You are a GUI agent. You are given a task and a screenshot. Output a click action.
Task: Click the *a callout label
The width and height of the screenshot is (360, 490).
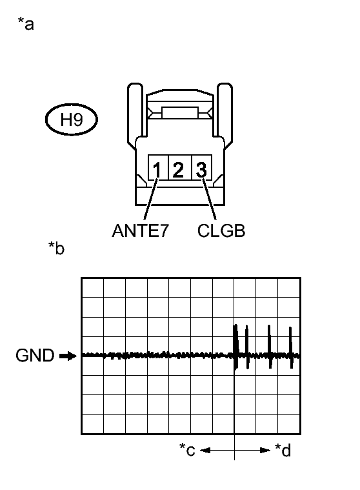click(x=26, y=24)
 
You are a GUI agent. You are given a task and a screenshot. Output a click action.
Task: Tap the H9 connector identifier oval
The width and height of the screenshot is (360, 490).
click(x=72, y=119)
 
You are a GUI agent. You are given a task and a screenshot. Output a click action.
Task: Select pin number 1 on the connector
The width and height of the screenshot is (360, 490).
click(x=157, y=170)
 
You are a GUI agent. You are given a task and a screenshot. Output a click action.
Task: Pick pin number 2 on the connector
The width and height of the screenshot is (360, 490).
click(x=178, y=170)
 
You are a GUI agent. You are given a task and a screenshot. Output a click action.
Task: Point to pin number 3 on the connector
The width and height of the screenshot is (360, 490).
click(x=201, y=170)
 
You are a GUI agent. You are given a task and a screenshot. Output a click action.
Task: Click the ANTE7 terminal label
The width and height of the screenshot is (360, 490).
click(x=140, y=230)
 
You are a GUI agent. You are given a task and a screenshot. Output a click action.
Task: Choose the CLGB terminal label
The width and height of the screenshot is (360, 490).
click(x=221, y=231)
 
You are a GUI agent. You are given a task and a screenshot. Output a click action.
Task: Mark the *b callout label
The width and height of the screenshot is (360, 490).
click(x=56, y=248)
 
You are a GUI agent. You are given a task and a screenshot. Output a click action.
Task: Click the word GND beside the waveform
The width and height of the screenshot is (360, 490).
click(x=35, y=356)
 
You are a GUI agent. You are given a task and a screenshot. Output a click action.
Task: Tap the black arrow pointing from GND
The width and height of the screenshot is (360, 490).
click(x=68, y=356)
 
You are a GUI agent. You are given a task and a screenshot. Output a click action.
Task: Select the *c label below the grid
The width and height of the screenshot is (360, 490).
click(x=187, y=450)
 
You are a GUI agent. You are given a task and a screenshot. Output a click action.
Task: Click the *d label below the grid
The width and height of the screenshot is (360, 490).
click(x=283, y=450)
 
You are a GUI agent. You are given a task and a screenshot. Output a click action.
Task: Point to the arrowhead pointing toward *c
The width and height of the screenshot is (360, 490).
click(x=205, y=451)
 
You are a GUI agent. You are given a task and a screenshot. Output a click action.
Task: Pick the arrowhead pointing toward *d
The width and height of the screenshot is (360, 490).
click(x=265, y=451)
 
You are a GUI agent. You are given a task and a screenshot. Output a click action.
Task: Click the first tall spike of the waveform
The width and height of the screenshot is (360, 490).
click(x=235, y=347)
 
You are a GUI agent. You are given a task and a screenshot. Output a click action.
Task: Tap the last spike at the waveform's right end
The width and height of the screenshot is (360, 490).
click(x=291, y=347)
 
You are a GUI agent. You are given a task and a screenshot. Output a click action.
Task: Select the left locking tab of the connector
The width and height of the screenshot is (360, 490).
click(x=135, y=114)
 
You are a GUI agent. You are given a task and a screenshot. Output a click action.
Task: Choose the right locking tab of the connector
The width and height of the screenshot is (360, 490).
click(x=225, y=114)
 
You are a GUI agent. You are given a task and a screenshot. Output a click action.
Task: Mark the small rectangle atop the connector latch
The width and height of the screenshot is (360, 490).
click(x=180, y=113)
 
